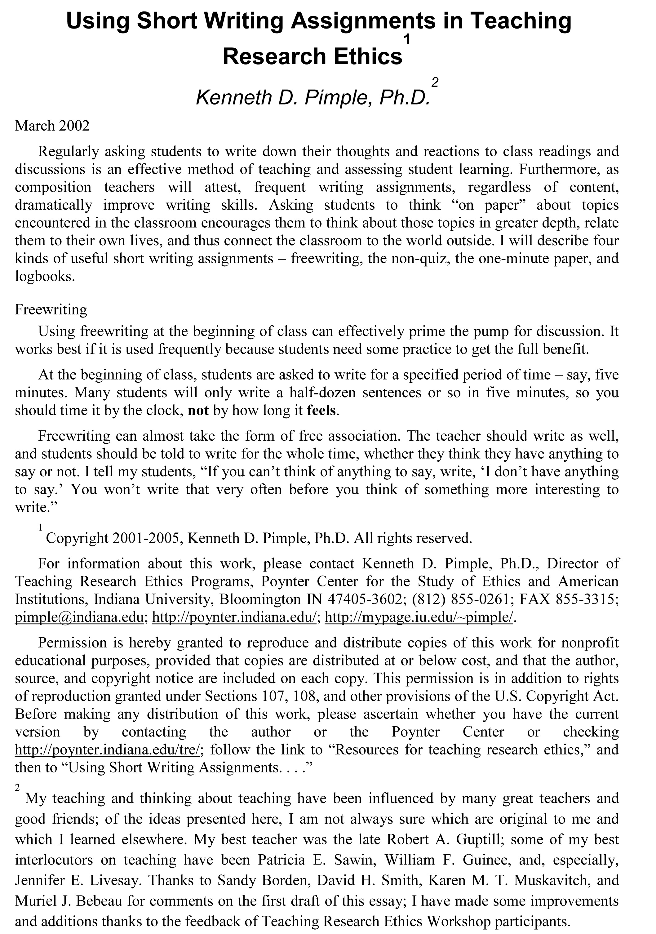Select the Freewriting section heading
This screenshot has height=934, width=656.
[51, 309]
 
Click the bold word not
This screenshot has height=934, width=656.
[198, 410]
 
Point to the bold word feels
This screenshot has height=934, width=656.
[321, 410]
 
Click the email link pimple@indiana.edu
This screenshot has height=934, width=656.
[79, 617]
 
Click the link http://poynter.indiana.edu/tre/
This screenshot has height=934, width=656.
[107, 749]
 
